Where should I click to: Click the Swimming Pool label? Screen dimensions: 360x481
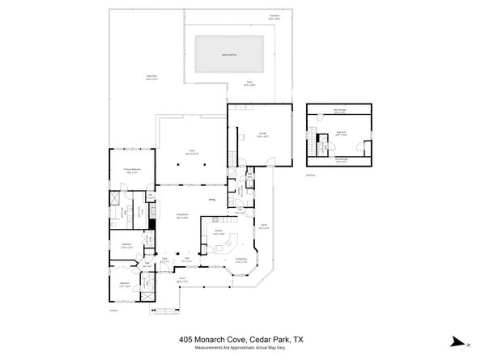230,55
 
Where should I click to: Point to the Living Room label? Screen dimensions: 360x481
183,215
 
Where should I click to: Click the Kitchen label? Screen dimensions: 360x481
218,232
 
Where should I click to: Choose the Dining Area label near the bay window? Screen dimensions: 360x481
240,259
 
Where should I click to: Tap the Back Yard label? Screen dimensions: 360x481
128,78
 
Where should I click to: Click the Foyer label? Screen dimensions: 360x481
164,260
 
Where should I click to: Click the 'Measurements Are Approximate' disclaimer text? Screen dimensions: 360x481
240,349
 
